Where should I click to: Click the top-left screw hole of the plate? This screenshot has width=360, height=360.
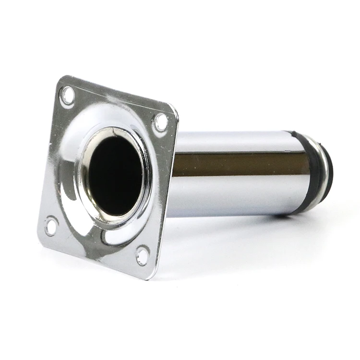68,96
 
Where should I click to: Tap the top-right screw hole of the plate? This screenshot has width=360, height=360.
160,122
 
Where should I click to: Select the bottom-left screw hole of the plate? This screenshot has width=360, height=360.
51,226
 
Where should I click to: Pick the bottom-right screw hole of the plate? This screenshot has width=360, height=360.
143,255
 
